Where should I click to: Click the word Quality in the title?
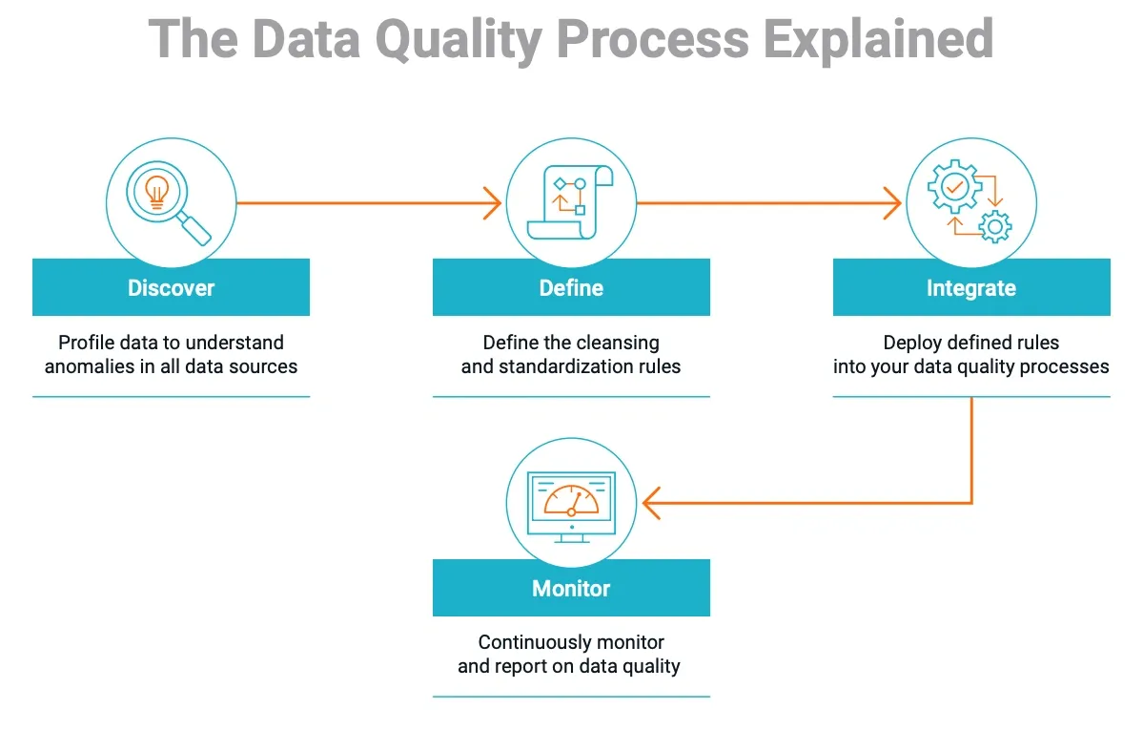tap(458, 40)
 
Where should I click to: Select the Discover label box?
tap(171, 287)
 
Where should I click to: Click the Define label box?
tap(571, 287)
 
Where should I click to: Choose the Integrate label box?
tap(970, 287)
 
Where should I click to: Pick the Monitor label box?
tap(571, 588)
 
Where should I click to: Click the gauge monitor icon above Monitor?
tap(571, 503)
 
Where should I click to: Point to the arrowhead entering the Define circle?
tap(493, 202)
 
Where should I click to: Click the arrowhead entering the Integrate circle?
tap(892, 202)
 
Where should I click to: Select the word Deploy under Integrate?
tap(912, 343)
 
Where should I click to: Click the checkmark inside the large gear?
tap(954, 185)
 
